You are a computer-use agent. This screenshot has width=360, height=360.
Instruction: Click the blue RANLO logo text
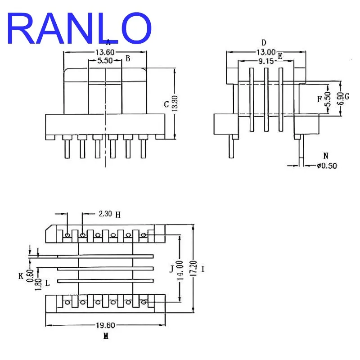79,28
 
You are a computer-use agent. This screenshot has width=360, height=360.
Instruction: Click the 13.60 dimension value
105,52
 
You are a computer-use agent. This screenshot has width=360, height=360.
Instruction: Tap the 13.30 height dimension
175,103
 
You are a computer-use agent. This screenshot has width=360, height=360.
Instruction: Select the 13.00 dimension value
266,52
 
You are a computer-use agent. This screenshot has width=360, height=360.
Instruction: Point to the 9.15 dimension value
266,61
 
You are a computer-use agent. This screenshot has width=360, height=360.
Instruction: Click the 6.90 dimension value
341,99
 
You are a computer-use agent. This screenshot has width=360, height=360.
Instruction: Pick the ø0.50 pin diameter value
327,166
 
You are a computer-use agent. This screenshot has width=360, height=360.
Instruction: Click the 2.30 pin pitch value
105,214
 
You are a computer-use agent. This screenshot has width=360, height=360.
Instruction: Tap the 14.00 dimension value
180,270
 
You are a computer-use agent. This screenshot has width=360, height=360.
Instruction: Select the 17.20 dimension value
193,268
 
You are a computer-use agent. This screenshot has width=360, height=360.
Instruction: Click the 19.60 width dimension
105,325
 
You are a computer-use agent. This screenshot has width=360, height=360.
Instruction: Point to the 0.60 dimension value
30,276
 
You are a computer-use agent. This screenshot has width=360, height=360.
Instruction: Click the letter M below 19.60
106,336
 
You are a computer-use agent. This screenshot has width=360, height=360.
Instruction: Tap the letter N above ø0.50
326,156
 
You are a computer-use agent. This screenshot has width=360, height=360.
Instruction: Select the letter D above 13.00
264,42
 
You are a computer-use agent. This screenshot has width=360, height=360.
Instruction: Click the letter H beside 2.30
118,215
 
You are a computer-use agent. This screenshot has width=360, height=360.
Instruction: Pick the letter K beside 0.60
21,276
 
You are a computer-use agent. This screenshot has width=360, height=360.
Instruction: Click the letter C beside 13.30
166,104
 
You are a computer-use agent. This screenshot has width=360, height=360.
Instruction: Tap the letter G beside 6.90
346,96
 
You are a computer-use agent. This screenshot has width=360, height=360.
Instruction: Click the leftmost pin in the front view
67,149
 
